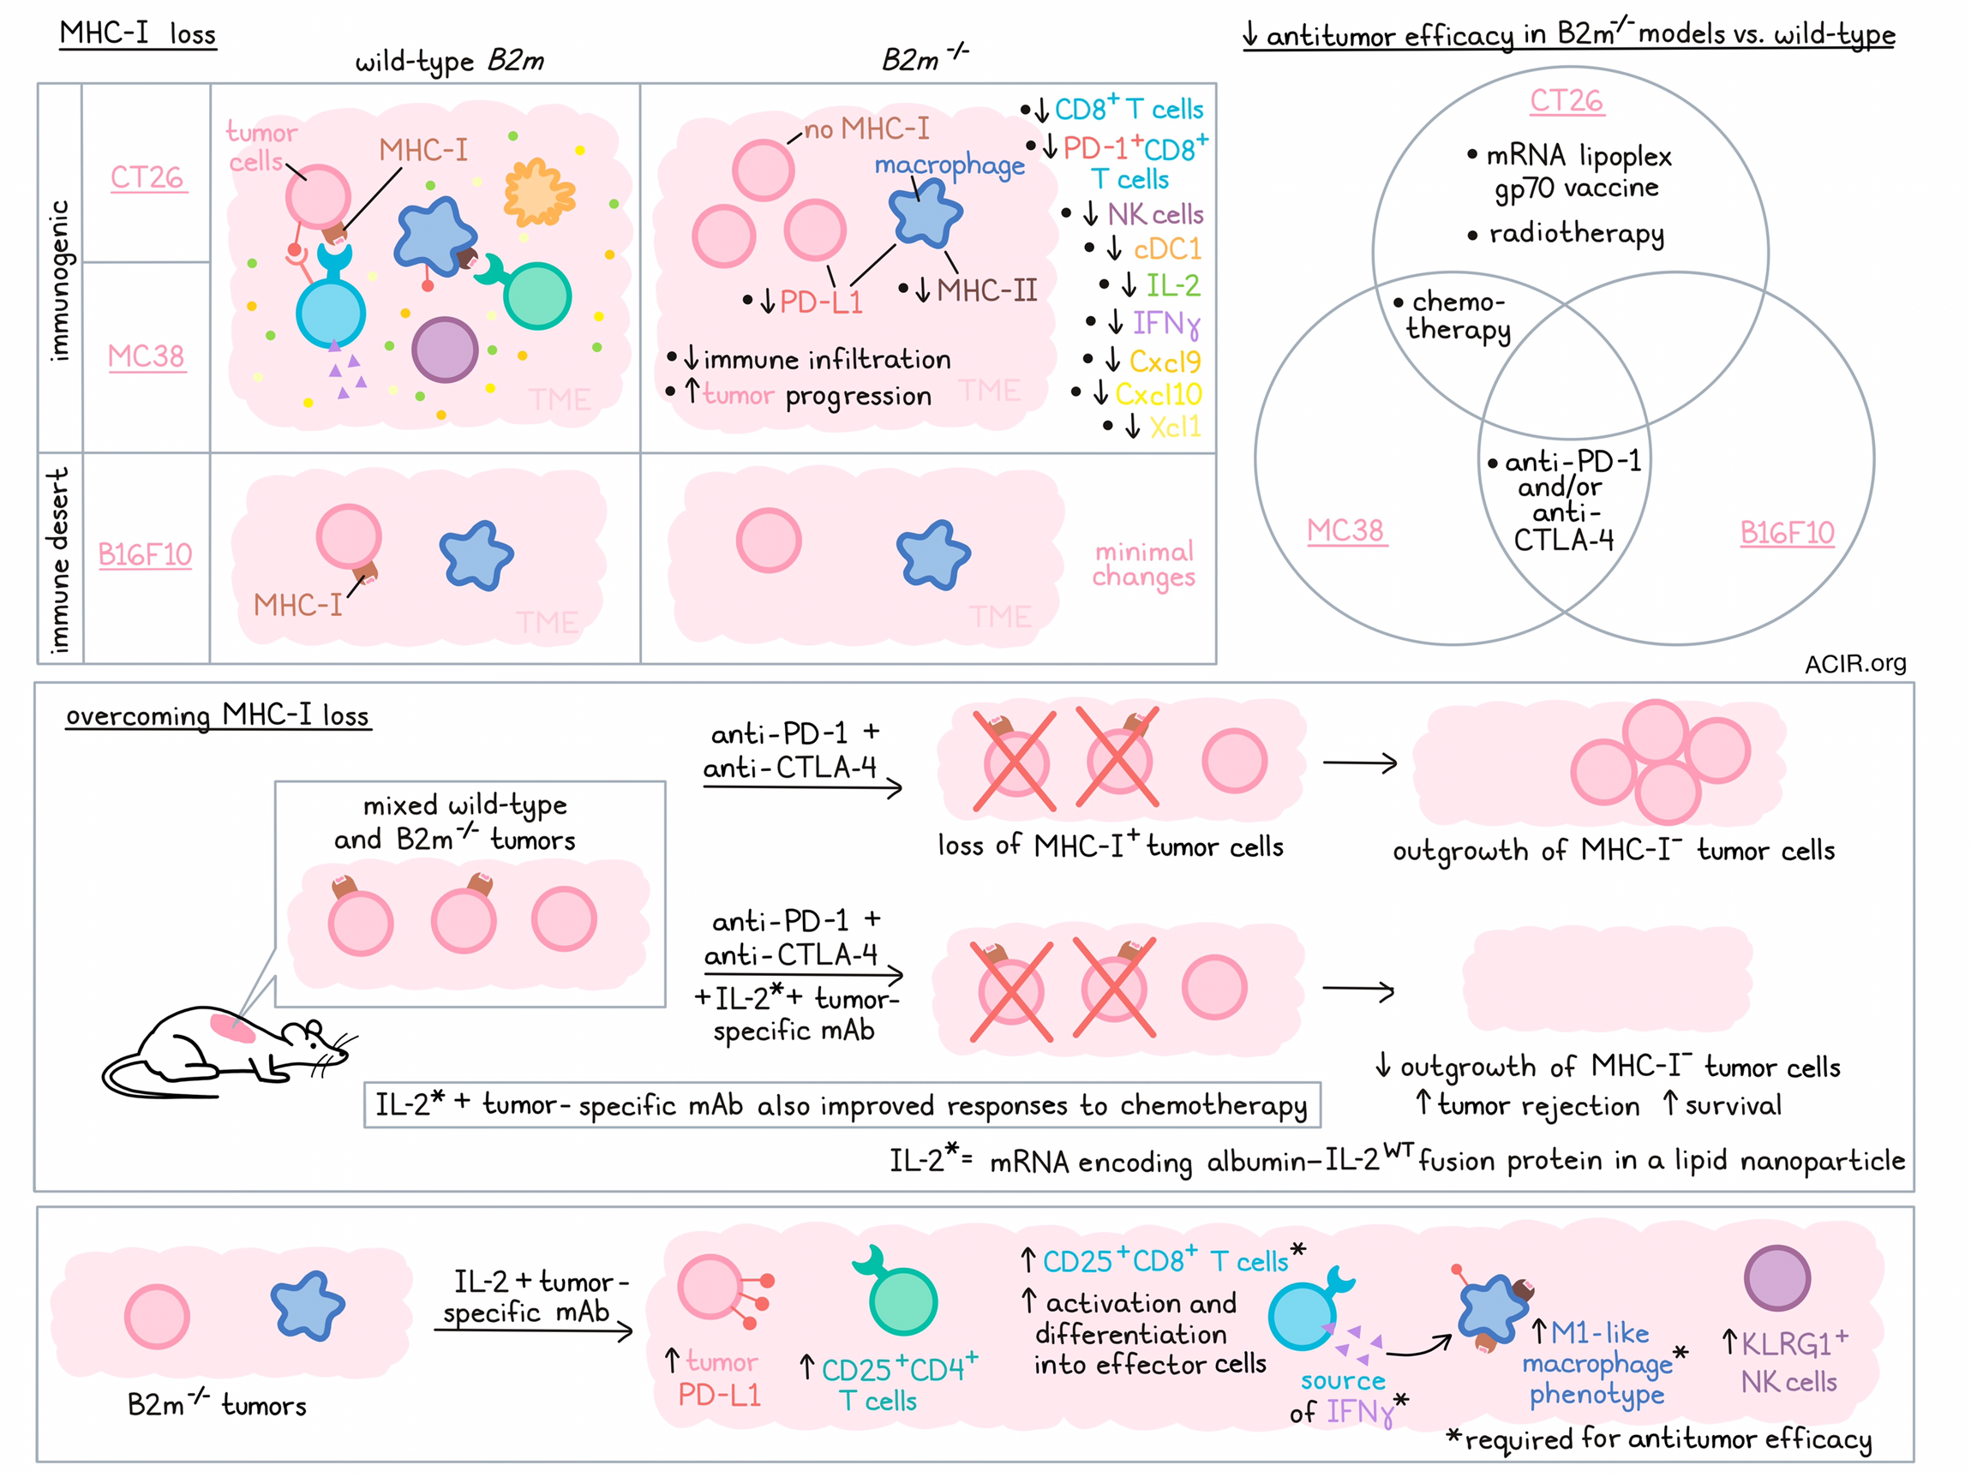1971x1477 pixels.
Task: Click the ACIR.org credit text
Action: pyautogui.click(x=1855, y=664)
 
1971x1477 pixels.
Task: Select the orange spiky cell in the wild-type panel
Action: pyautogui.click(x=538, y=192)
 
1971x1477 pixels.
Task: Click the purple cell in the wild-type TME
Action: pyautogui.click(x=445, y=350)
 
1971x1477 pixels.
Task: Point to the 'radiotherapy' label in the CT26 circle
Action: pyautogui.click(x=1576, y=233)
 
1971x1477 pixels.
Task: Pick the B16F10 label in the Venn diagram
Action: pyautogui.click(x=1787, y=533)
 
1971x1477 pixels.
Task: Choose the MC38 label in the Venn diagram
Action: pyautogui.click(x=1345, y=531)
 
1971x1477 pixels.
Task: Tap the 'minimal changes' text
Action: pyautogui.click(x=1144, y=565)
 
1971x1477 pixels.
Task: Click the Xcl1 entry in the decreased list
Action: pyautogui.click(x=1174, y=428)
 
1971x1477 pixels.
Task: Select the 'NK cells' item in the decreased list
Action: pyautogui.click(x=1155, y=215)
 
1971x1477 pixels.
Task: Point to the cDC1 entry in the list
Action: pyautogui.click(x=1167, y=249)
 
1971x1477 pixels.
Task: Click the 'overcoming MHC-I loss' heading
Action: pyautogui.click(x=218, y=715)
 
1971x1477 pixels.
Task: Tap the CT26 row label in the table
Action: pyautogui.click(x=147, y=177)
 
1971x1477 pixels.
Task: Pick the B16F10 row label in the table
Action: pyautogui.click(x=145, y=555)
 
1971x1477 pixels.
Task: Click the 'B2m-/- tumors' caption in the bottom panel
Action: pyautogui.click(x=217, y=1405)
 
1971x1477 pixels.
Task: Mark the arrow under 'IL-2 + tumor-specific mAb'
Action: pyautogui.click(x=533, y=1330)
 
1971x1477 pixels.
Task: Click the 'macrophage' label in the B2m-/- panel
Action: pyautogui.click(x=950, y=166)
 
